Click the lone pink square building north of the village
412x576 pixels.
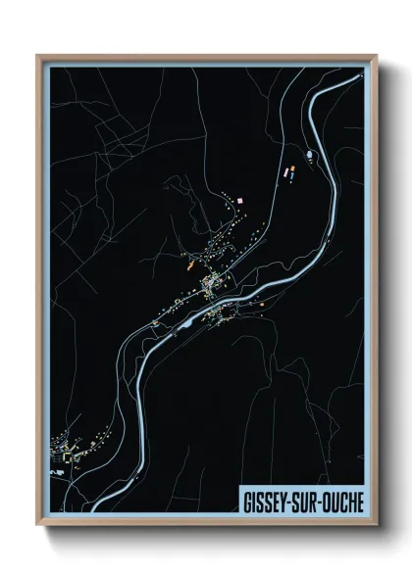click(x=239, y=201)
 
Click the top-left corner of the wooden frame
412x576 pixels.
click(x=37, y=56)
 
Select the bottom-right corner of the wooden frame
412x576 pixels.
click(x=376, y=525)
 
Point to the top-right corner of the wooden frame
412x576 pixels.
click(x=376, y=56)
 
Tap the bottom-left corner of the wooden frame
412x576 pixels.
click(x=37, y=525)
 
